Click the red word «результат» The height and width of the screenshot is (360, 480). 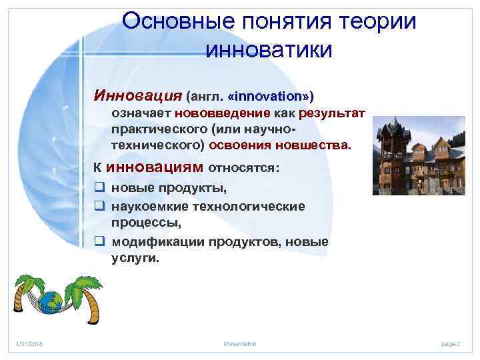[332, 114]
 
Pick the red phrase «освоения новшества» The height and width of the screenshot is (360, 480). [280, 145]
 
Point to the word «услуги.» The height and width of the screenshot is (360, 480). [135, 259]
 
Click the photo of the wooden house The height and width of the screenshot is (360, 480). [418, 155]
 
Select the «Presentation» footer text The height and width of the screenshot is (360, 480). [239, 343]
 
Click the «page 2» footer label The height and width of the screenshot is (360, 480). [451, 343]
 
